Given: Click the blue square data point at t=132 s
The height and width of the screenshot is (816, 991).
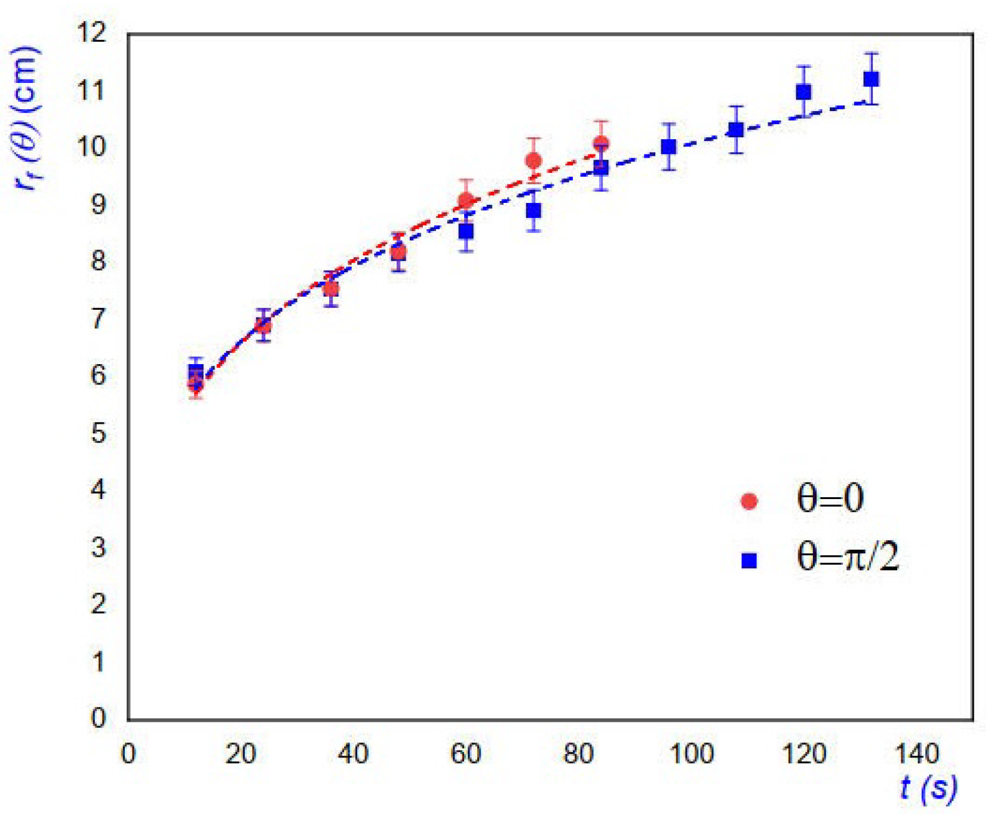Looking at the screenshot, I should [871, 79].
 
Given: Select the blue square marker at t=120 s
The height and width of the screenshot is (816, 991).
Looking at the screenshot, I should [803, 92].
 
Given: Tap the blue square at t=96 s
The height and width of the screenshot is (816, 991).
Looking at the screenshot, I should [668, 147].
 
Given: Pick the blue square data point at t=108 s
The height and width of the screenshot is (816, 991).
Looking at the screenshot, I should [736, 130].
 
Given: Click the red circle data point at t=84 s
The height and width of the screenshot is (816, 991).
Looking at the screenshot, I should [601, 143].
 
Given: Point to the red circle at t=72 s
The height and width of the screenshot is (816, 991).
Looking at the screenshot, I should [533, 161].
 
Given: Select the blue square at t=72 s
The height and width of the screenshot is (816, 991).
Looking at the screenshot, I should [533, 211].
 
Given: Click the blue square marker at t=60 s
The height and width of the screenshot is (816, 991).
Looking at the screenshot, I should [466, 231].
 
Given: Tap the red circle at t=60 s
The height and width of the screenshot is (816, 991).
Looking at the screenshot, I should [466, 201].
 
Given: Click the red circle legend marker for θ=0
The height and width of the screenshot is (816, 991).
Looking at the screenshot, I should [748, 500].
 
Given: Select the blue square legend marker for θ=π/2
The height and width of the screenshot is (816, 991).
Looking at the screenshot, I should [748, 560].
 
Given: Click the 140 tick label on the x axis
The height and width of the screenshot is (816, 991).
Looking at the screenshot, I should [917, 755].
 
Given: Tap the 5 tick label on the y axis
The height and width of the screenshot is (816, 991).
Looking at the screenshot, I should [99, 433].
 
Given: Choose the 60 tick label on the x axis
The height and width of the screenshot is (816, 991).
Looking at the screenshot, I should [465, 755].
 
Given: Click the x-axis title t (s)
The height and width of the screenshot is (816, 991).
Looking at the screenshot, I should [928, 789].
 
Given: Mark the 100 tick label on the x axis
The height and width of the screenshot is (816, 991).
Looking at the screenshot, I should [691, 755].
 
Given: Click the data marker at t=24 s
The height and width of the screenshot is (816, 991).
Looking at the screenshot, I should [263, 326].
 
